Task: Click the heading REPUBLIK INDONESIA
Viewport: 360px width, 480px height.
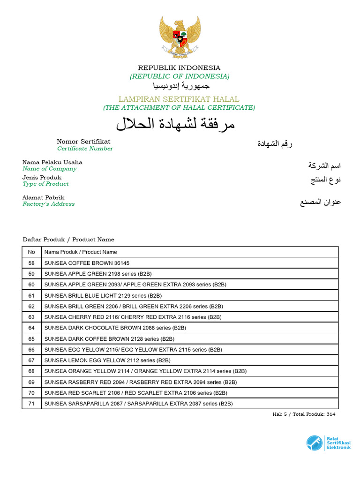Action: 179,68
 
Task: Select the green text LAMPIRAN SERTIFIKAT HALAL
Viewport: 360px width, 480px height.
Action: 179,99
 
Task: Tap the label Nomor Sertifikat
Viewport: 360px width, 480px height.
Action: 83,141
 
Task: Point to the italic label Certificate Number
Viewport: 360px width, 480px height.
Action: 85,149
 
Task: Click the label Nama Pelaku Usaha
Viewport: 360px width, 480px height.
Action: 52,162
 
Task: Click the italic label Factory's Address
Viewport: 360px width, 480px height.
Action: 48,204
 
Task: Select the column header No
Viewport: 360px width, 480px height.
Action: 31,252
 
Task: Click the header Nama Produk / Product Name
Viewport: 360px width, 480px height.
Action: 81,252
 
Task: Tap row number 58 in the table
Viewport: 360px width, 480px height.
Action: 31,263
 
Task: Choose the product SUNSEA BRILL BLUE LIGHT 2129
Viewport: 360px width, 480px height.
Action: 103,295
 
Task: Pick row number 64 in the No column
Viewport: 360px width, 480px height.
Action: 31,328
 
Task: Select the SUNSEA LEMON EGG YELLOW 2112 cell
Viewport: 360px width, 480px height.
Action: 107,360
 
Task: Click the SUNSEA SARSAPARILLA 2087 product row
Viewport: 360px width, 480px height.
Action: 138,404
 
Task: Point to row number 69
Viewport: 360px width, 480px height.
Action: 31,382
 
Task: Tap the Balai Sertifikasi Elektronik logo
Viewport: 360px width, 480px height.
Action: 329,443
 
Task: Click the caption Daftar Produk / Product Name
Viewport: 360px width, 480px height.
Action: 68,240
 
